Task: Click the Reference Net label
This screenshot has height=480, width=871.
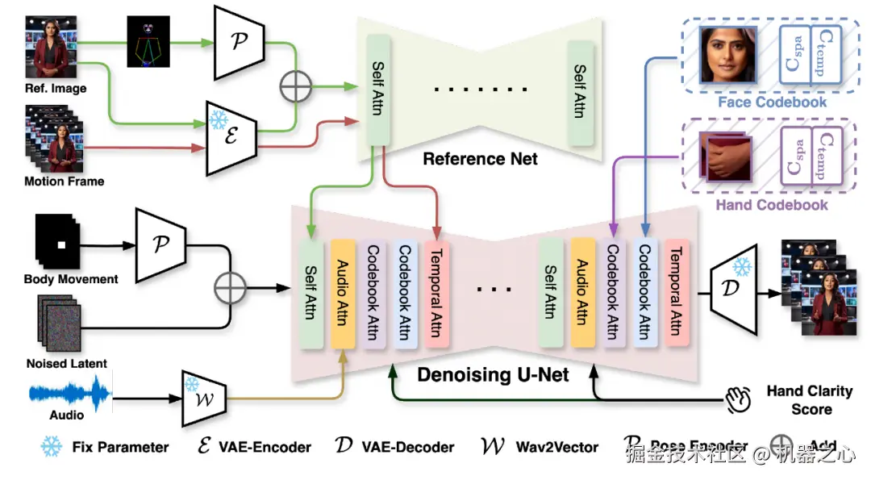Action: click(480, 159)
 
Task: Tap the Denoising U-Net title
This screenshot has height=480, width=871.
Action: click(493, 374)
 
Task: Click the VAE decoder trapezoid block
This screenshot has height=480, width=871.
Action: click(734, 287)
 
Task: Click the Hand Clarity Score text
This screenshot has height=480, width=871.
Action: click(809, 400)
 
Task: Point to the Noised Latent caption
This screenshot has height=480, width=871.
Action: click(66, 364)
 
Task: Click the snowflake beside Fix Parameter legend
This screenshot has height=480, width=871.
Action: click(52, 446)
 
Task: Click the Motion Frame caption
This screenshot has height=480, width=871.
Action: click(64, 182)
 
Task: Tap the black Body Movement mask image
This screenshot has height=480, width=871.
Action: click(56, 242)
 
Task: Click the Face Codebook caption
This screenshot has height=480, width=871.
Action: click(771, 102)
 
